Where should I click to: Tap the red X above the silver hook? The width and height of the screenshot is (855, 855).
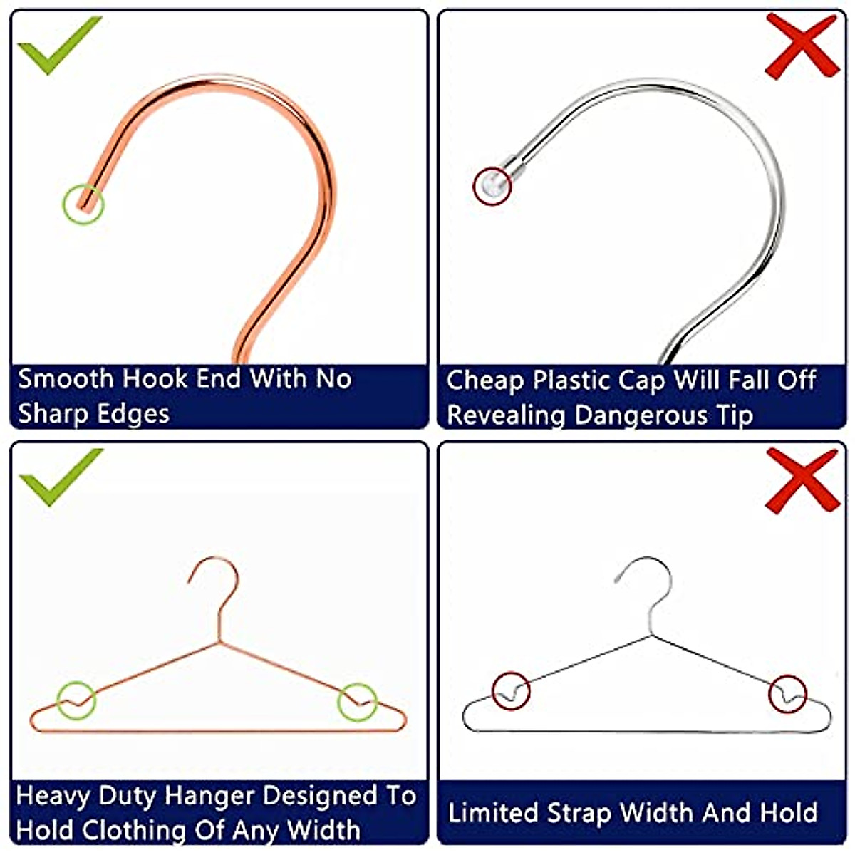coord(802,46)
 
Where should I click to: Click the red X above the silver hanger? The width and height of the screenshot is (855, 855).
coord(802,480)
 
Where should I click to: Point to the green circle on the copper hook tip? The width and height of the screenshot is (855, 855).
coord(83,204)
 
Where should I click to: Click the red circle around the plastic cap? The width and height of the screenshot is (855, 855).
coord(492,187)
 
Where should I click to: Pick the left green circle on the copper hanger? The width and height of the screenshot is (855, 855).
coord(77,700)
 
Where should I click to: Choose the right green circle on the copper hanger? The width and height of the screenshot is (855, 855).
coord(357,702)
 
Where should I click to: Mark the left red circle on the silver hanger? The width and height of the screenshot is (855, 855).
coord(511,690)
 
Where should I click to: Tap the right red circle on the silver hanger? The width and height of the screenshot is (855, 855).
coord(788,693)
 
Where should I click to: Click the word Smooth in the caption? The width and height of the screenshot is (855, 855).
coord(66,378)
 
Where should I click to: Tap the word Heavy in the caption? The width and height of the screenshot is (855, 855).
coord(52,796)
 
